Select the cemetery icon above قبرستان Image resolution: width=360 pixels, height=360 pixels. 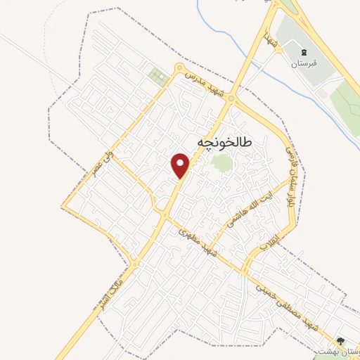[x=304, y=52]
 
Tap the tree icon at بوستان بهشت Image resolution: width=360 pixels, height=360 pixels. [x=340, y=340]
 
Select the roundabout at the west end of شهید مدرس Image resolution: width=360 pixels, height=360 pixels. [x=179, y=68]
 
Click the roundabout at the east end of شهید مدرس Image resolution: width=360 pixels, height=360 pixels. [x=232, y=101]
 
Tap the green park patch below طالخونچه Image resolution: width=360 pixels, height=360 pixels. [x=221, y=163]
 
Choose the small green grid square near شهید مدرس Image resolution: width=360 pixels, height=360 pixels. [x=155, y=75]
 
